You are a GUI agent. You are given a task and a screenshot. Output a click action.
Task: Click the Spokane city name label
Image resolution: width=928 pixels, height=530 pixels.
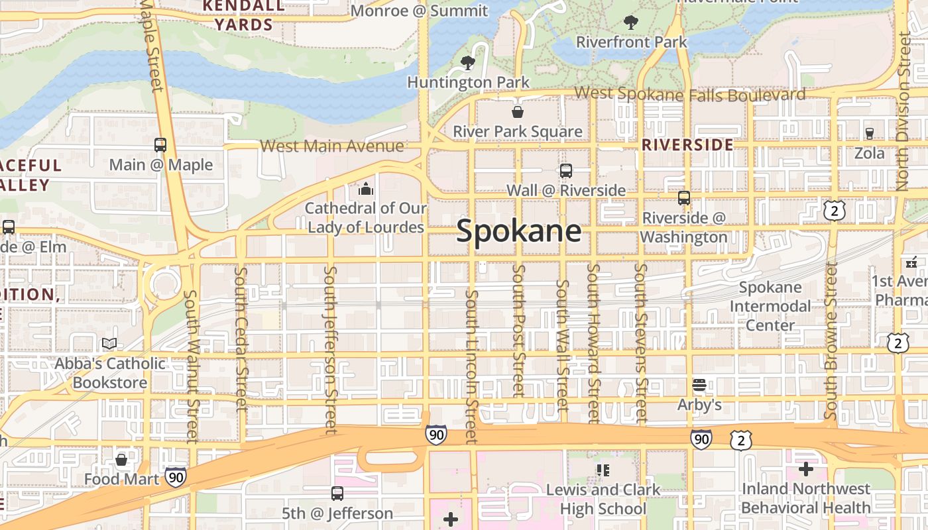[x=519, y=231]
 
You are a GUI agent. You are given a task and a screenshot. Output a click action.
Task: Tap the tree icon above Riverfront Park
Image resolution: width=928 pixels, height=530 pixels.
[x=630, y=22]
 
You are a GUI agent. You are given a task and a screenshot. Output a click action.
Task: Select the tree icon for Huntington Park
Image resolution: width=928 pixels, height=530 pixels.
[x=468, y=63]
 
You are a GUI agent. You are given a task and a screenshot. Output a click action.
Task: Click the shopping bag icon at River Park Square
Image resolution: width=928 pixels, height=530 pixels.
[x=517, y=112]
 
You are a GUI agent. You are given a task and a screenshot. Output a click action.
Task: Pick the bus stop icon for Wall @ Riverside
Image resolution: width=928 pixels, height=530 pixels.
[x=565, y=171]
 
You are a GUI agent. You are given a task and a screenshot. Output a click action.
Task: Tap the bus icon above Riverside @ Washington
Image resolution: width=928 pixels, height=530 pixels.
[x=683, y=197]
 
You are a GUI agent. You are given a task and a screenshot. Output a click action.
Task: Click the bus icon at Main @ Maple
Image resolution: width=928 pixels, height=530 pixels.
[x=160, y=145]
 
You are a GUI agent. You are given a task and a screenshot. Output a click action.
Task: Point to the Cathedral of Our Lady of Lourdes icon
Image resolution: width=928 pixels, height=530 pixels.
[x=365, y=189]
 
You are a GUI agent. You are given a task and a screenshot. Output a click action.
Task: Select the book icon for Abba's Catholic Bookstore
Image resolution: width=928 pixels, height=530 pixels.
[x=109, y=344]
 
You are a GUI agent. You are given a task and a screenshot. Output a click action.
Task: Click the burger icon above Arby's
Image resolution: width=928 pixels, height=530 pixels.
[x=699, y=385]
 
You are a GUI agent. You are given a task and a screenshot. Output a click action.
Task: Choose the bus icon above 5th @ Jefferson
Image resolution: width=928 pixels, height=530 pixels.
[x=337, y=494]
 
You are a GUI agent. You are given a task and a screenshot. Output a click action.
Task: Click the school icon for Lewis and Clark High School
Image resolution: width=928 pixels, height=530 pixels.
[x=603, y=470]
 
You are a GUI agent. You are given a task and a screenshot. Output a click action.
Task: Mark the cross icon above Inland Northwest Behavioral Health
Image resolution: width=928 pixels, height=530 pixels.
[x=805, y=469]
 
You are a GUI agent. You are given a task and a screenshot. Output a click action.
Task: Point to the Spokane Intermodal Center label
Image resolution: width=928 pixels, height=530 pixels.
[x=770, y=306]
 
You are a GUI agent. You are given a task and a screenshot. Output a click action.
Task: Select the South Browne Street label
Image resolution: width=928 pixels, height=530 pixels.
[x=831, y=341]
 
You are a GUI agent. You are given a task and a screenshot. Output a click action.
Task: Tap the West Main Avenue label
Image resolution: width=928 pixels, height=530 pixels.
[x=331, y=146]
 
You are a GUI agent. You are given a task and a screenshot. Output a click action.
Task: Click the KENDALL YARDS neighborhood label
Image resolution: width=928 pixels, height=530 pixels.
[x=245, y=16]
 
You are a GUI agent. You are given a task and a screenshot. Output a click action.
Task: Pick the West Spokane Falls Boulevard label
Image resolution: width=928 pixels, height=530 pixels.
[x=689, y=94]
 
